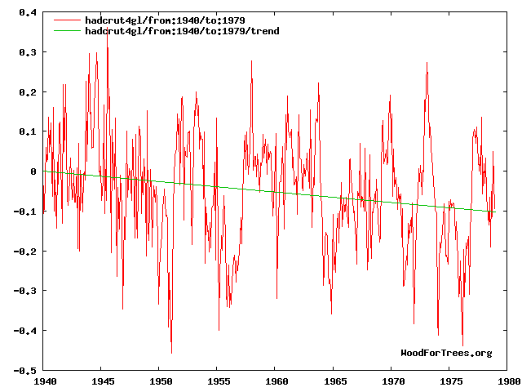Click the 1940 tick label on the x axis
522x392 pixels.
(44, 381)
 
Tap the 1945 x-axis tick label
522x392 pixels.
(102, 381)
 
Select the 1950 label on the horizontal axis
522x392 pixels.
(160, 381)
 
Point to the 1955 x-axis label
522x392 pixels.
(219, 381)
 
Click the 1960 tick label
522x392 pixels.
(276, 381)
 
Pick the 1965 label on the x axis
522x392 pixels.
(334, 381)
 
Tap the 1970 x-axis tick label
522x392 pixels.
(393, 381)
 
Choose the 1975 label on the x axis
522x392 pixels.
(451, 381)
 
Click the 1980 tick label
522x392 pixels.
(508, 381)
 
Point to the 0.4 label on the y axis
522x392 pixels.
(28, 13)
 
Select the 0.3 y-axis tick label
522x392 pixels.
(28, 52)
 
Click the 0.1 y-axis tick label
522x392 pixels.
(28, 131)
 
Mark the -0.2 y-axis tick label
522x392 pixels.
(25, 252)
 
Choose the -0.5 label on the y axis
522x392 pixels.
(25, 371)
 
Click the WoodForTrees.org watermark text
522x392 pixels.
(446, 353)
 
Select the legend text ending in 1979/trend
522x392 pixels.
(182, 31)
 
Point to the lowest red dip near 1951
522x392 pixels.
(171, 353)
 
